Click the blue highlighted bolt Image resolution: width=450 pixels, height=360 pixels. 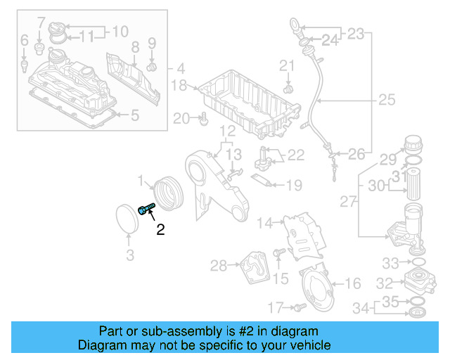point(146,210)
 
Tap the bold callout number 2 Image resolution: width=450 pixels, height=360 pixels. point(160,229)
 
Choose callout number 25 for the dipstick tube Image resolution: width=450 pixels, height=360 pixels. point(387,101)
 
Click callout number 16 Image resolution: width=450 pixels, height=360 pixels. point(353,283)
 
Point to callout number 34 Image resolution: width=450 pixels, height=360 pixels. point(361,307)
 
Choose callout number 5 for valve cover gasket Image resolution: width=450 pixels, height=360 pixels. point(136,114)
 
